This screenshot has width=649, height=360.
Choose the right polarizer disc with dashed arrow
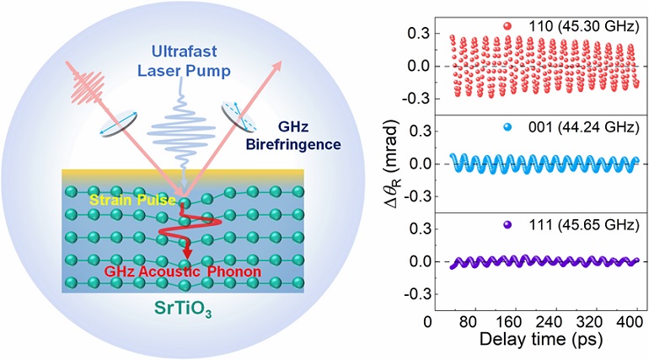pyautogui.click(x=238, y=116)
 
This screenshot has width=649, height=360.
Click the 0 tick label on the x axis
pyautogui.click(x=428, y=324)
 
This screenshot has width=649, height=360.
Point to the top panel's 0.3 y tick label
pyautogui.click(x=411, y=36)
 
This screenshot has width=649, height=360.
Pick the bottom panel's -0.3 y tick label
pyautogui.click(x=409, y=295)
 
